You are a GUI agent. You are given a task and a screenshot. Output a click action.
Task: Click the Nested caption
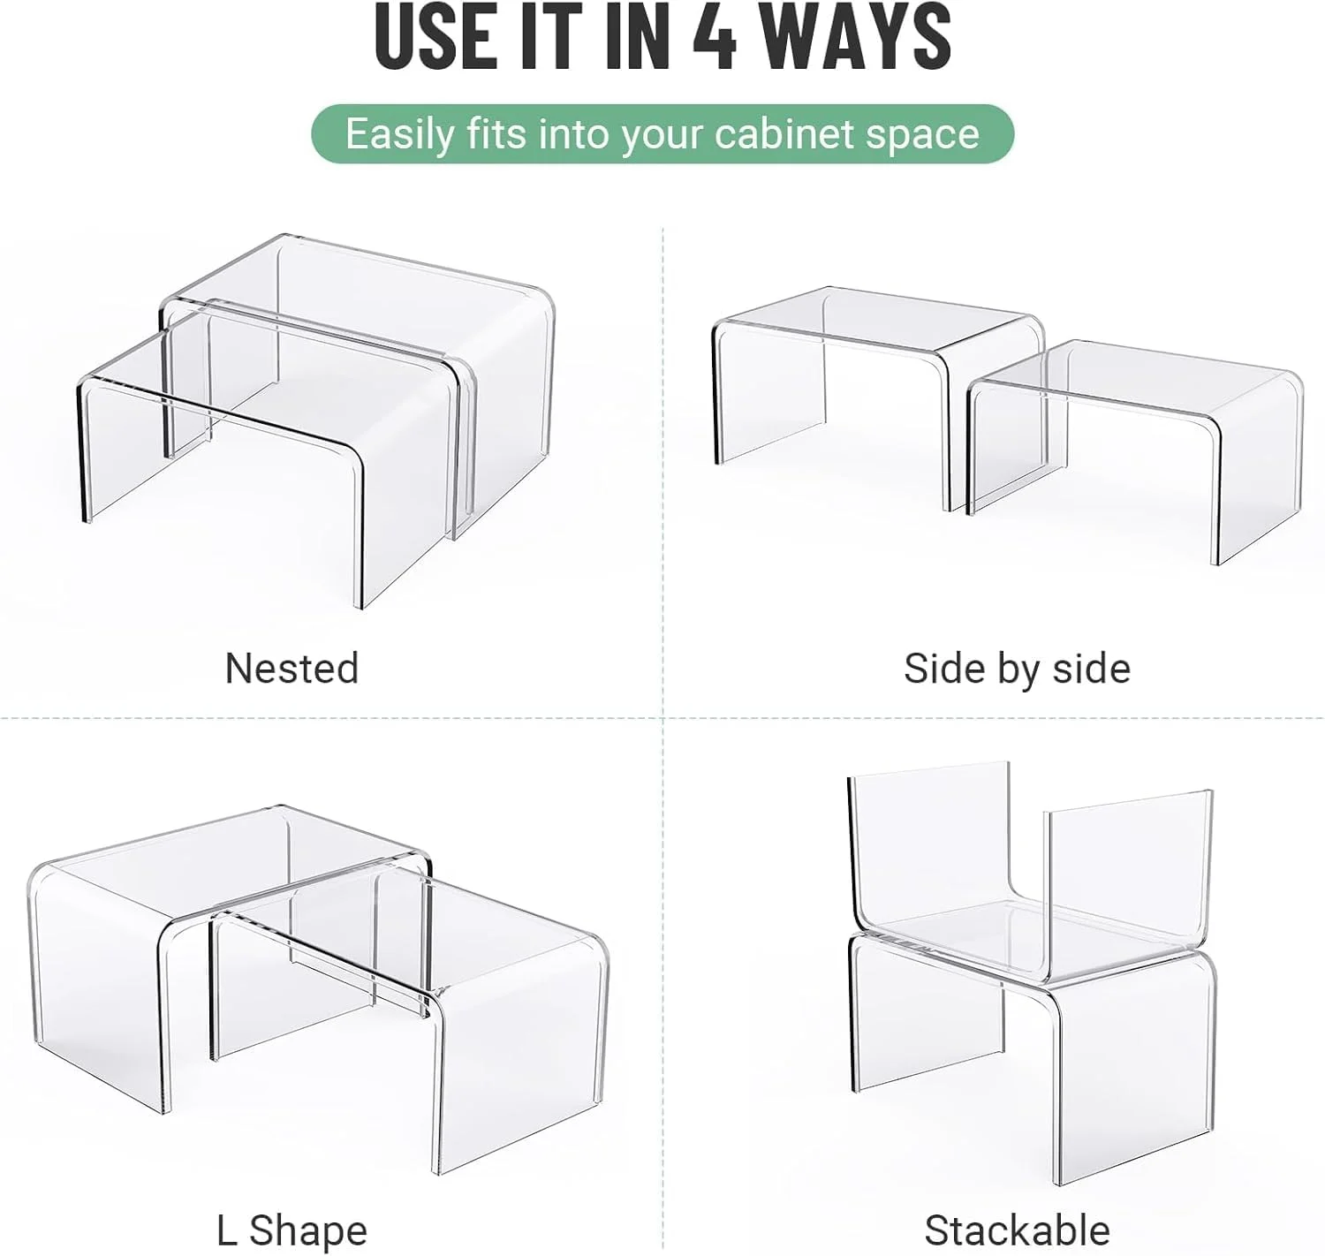click(x=291, y=668)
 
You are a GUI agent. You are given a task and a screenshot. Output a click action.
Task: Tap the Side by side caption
click(x=1017, y=669)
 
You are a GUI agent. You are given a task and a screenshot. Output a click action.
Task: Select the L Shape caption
click(x=291, y=1230)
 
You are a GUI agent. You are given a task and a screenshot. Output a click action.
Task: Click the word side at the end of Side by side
click(x=1092, y=669)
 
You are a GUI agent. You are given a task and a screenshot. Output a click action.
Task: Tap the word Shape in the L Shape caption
click(x=308, y=1232)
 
